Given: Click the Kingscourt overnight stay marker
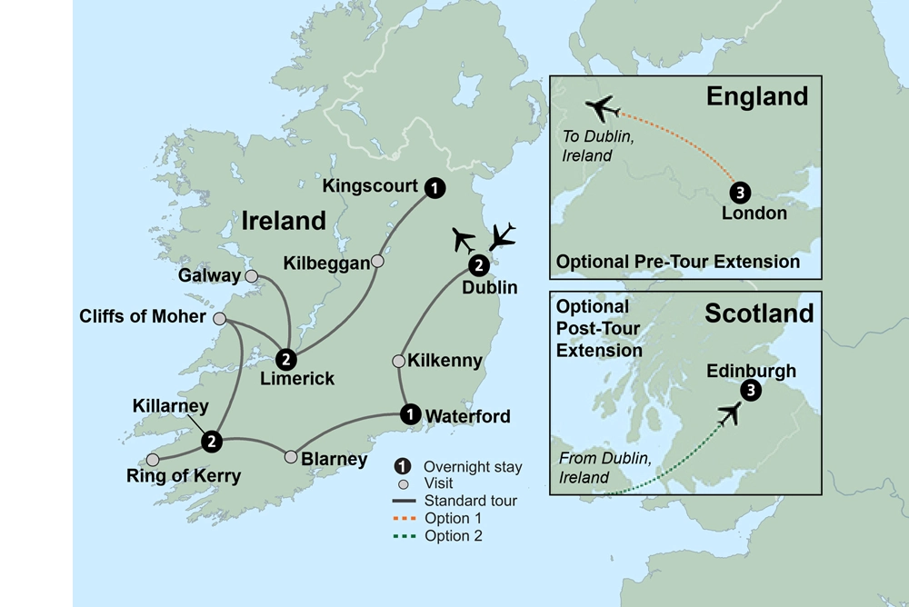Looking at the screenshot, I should click(436, 188).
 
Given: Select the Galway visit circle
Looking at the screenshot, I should click(252, 275).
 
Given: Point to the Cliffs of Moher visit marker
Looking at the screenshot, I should click(219, 319).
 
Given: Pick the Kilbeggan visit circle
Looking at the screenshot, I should click(378, 262).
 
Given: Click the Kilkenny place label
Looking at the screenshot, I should click(445, 361).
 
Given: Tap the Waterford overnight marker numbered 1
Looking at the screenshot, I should click(411, 414).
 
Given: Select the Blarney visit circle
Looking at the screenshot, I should click(291, 456).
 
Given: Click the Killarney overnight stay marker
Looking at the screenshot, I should click(212, 442).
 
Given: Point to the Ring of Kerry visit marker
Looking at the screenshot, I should click(153, 459).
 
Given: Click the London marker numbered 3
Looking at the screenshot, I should click(741, 193).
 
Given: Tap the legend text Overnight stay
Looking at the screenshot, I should click(474, 467).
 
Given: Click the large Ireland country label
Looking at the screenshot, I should click(283, 221).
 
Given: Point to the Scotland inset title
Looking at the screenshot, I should click(759, 313).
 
